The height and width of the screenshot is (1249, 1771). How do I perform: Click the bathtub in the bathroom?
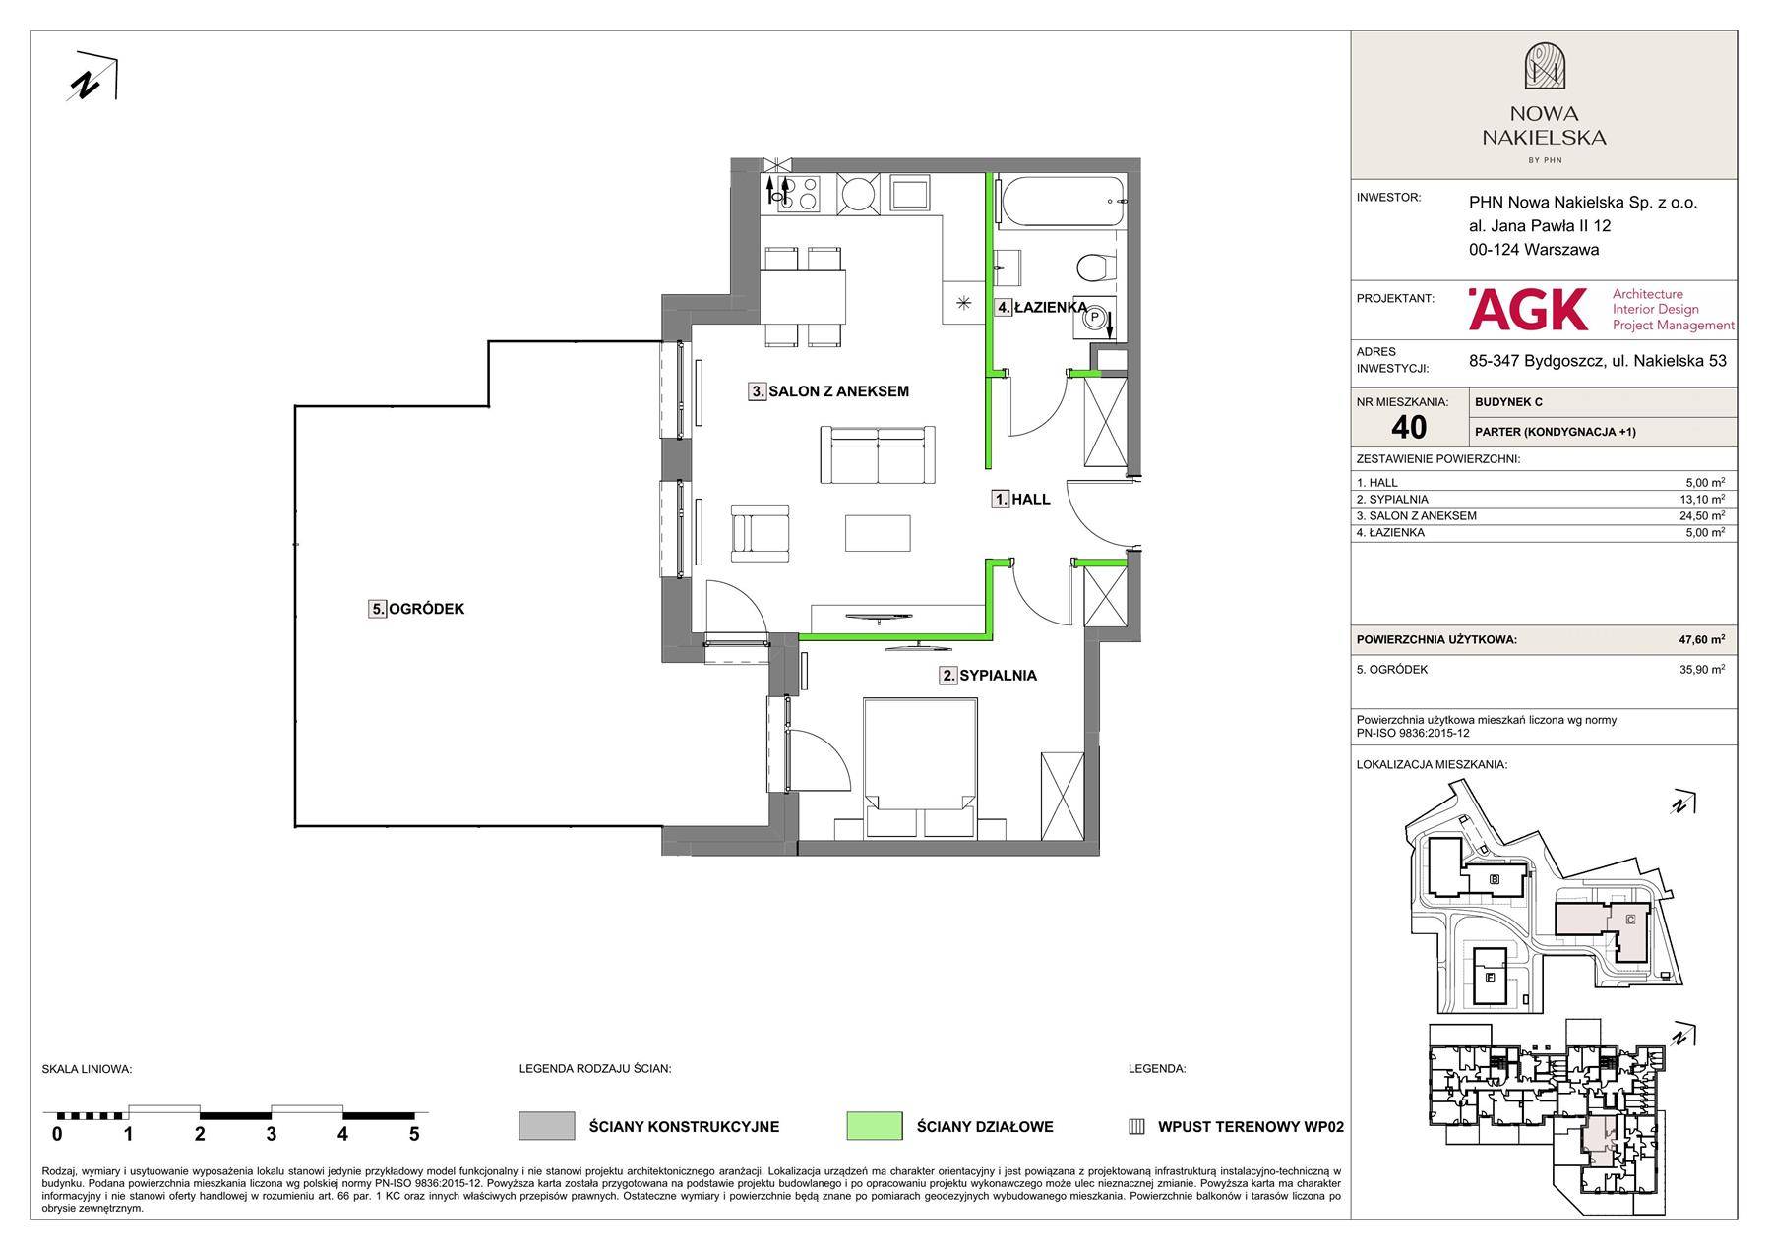pyautogui.click(x=1060, y=200)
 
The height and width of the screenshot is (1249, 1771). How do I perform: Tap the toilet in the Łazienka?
pyautogui.click(x=1095, y=266)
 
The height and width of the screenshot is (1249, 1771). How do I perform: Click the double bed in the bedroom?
pyautogui.click(x=920, y=767)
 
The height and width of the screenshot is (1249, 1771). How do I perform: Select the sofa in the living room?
pyautogui.click(x=878, y=454)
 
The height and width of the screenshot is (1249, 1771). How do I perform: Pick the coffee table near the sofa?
pyautogui.click(x=878, y=532)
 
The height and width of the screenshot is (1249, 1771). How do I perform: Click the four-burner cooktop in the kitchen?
pyautogui.click(x=793, y=192)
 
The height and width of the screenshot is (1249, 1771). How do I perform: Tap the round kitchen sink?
pyautogui.click(x=861, y=193)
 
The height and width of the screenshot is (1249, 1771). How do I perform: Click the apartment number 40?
pyautogui.click(x=1409, y=427)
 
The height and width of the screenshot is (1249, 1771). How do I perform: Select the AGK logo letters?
pyautogui.click(x=1528, y=309)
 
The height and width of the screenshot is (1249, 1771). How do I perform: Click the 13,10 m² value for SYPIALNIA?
pyautogui.click(x=1704, y=500)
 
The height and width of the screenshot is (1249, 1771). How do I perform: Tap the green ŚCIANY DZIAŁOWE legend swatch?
pyautogui.click(x=874, y=1126)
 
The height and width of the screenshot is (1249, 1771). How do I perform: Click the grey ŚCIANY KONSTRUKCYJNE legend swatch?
pyautogui.click(x=546, y=1126)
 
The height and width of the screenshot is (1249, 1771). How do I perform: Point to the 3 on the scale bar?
pyautogui.click(x=271, y=1134)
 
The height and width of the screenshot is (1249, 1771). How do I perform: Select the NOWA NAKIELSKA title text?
pyautogui.click(x=1543, y=126)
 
